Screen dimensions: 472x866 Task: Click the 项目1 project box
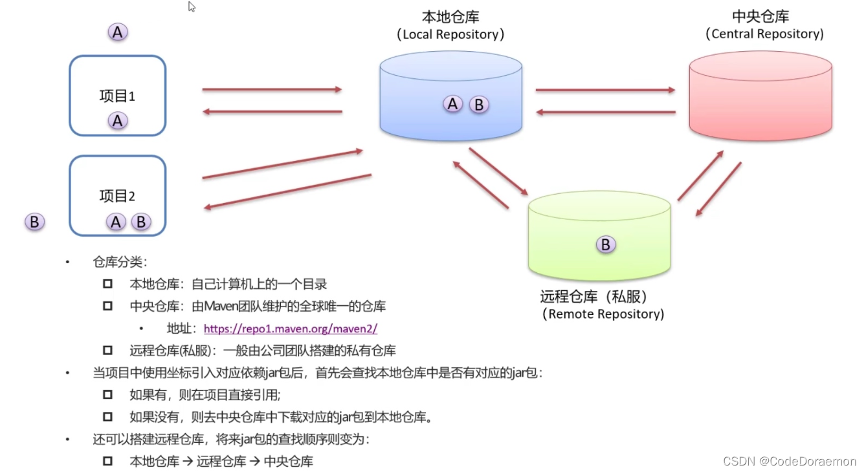(x=118, y=96)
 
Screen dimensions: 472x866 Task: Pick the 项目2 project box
(x=118, y=195)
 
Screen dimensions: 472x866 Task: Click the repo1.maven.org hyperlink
(x=290, y=328)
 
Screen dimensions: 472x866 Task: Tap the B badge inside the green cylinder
(x=606, y=244)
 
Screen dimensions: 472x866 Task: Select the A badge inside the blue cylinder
(x=453, y=103)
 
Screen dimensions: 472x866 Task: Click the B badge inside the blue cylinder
(x=479, y=104)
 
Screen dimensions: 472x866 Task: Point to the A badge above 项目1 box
(x=118, y=32)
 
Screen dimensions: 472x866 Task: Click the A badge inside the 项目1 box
(x=118, y=120)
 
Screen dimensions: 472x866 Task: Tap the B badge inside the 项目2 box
(x=140, y=222)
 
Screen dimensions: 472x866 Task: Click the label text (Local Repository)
(x=450, y=34)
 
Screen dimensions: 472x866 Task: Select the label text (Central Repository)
(x=764, y=34)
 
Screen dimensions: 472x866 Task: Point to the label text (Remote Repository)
(x=603, y=314)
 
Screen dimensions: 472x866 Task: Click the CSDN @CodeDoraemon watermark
(x=789, y=461)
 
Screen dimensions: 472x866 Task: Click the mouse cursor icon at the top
(x=192, y=7)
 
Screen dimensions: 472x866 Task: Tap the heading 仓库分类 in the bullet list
(x=120, y=263)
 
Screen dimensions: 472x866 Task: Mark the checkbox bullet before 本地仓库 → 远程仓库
(x=107, y=461)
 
